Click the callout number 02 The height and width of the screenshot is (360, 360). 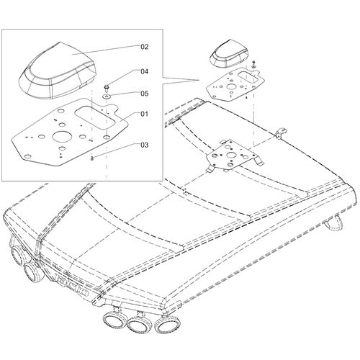click(x=144, y=47)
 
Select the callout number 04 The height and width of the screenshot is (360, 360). click(x=144, y=71)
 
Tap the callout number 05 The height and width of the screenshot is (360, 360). click(x=144, y=94)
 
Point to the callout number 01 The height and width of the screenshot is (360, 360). click(x=144, y=114)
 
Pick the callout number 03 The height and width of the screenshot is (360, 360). click(x=144, y=145)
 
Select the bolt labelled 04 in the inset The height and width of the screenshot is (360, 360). click(x=107, y=88)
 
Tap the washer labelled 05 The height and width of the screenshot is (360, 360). click(x=106, y=96)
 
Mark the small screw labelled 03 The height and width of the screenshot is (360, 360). click(x=91, y=158)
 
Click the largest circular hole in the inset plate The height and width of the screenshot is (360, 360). click(x=62, y=138)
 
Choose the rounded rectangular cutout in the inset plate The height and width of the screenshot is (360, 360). click(x=95, y=117)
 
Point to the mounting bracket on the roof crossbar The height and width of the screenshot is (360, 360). click(x=232, y=155)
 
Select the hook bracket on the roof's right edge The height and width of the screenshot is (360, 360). click(x=282, y=132)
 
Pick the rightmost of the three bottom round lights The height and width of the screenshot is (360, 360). click(x=166, y=324)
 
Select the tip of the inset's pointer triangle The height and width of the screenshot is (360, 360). click(x=199, y=80)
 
